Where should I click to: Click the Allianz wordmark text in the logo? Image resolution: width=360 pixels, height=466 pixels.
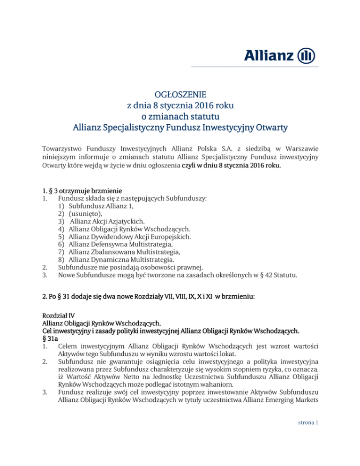[270, 56]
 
